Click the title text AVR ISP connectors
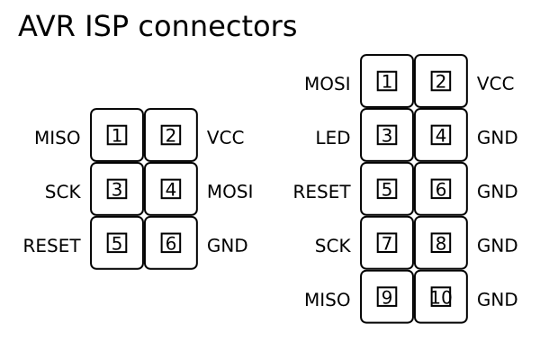point(157,27)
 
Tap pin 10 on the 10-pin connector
point(441,297)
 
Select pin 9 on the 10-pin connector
point(387,297)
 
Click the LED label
point(332,138)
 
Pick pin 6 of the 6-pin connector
point(171,243)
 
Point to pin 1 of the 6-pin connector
point(117,135)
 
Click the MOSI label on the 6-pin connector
point(229,192)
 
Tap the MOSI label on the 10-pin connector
point(327,84)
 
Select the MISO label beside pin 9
point(327,300)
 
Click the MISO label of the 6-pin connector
point(57,138)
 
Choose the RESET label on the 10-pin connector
point(321,192)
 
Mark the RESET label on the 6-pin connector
point(51,246)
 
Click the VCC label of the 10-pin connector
point(495,84)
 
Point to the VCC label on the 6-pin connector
point(225,138)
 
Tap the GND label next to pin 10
point(497,300)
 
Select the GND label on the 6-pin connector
point(227,246)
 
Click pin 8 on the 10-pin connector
point(441,243)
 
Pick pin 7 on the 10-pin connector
point(387,243)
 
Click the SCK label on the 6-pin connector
point(62,192)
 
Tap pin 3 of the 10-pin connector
point(387,135)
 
